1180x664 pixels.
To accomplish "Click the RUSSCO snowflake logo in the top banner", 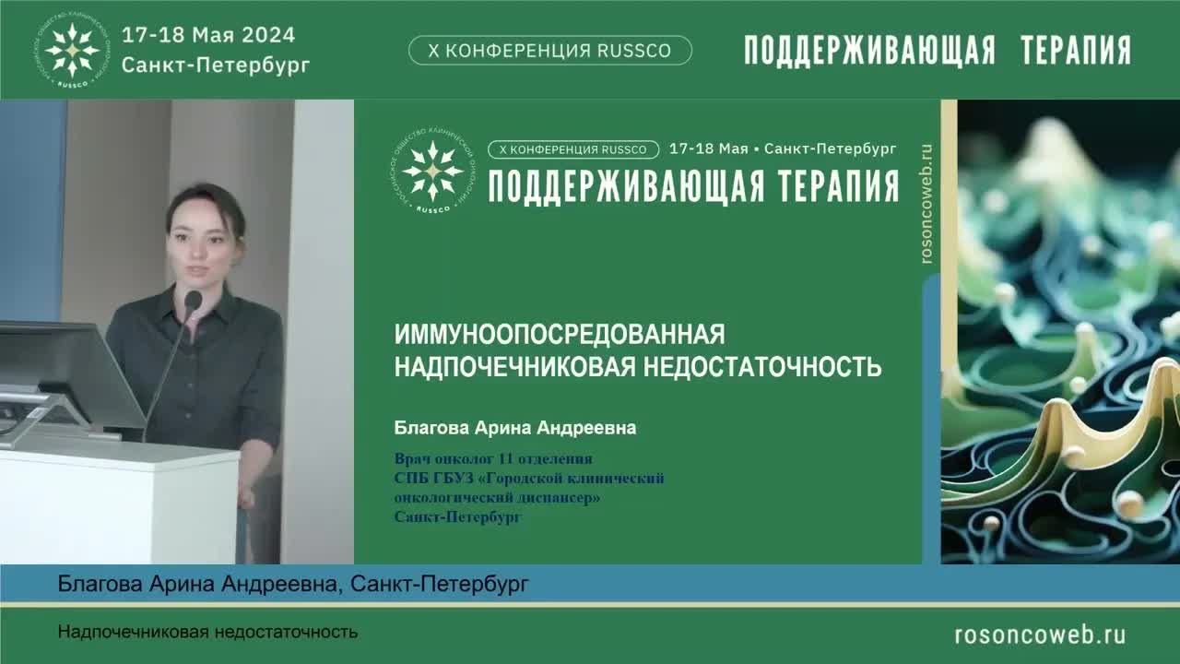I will point(73,49).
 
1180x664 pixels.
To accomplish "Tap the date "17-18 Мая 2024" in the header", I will point(208,35).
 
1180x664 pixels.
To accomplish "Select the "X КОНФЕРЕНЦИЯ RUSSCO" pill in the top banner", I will point(549,51).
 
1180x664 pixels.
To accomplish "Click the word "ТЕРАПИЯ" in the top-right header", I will point(1075,51).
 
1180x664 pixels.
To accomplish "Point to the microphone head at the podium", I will point(193,301).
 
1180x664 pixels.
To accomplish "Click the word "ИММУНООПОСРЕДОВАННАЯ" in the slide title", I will point(560,334).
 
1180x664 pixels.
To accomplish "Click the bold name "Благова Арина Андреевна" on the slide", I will point(515,428).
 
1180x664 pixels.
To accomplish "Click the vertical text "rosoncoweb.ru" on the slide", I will point(927,204).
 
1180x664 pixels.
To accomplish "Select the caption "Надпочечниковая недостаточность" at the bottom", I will point(207,633).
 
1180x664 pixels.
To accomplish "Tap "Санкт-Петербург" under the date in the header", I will point(216,65).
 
